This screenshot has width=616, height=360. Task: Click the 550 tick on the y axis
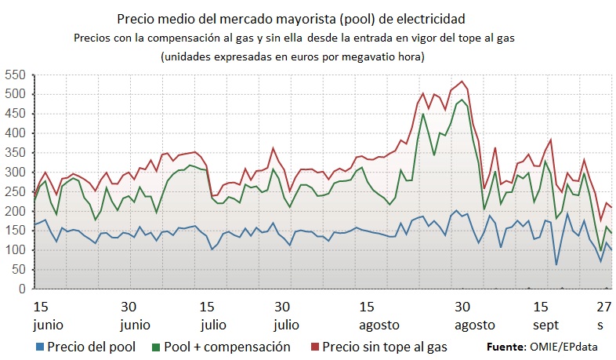point(14,75)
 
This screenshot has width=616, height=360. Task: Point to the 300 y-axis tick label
point(14,173)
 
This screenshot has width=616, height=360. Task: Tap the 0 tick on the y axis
point(22,289)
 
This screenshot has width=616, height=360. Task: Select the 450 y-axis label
point(14,114)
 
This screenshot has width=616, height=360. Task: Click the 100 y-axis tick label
point(14,250)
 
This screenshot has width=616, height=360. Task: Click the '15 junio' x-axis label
point(42,315)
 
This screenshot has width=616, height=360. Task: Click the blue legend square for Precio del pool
point(39,346)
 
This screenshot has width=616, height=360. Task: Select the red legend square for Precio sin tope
point(314,346)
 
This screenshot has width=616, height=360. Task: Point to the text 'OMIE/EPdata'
point(560,346)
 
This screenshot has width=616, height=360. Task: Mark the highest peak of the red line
point(462,82)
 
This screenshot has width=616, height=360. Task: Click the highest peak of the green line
point(462,100)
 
